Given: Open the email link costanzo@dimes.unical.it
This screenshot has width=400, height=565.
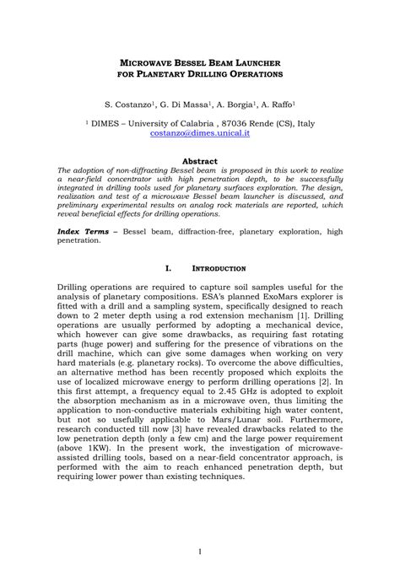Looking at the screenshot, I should pyautogui.click(x=200, y=133).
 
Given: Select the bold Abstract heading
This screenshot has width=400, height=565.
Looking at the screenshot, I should pyautogui.click(x=200, y=161).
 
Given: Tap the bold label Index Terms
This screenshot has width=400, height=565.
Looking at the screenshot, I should pyautogui.click(x=85, y=229).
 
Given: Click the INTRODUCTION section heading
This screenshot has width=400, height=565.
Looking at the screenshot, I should pyautogui.click(x=218, y=268).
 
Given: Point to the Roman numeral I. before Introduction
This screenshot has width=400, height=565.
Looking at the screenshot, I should pyautogui.click(x=167, y=268).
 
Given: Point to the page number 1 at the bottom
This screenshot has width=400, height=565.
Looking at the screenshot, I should pyautogui.click(x=199, y=551).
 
